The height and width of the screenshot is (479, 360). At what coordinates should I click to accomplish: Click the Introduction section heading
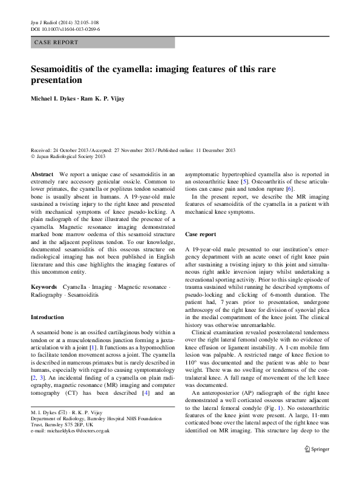(47, 317)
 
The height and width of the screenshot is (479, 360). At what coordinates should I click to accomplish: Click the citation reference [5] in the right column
(243, 182)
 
